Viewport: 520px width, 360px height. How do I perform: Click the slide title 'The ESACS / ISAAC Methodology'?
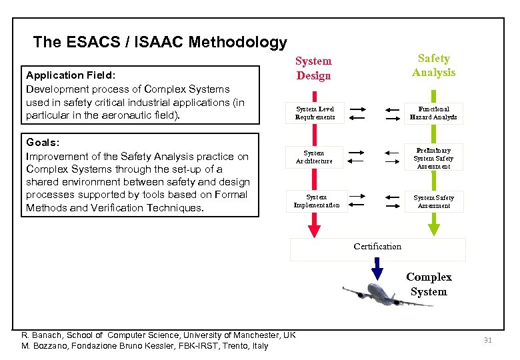(x=160, y=42)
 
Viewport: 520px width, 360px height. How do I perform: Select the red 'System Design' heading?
(x=313, y=68)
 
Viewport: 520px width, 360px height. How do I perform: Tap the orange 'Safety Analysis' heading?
(x=433, y=65)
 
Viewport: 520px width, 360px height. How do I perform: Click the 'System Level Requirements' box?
(x=315, y=113)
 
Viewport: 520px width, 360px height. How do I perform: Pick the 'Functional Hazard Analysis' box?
(x=433, y=113)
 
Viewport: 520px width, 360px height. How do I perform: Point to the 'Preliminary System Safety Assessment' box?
(x=433, y=158)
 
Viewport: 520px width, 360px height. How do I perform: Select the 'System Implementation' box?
(x=316, y=201)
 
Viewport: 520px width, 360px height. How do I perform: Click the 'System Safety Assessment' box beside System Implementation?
(x=433, y=201)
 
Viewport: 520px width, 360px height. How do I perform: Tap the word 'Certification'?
(x=377, y=246)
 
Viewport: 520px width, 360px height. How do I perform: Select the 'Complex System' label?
(x=429, y=284)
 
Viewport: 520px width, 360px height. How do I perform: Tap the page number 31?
(x=487, y=341)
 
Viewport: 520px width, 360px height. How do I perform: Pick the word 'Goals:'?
(x=43, y=143)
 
